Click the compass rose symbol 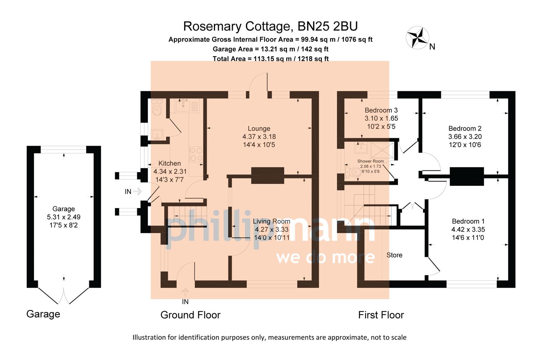click(x=417, y=37)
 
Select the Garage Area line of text click(x=270, y=49)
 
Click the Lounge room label click(x=259, y=129)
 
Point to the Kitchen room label click(x=169, y=163)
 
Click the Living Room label click(x=271, y=221)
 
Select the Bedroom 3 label click(x=381, y=110)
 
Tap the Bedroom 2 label click(x=465, y=129)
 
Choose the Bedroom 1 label click(x=468, y=221)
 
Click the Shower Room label click(x=370, y=161)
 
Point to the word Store click(x=394, y=255)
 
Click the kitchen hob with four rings click(x=196, y=154)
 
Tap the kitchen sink click(x=183, y=106)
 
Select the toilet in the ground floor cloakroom click(x=156, y=107)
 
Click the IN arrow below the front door click(x=185, y=292)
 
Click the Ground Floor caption click(x=190, y=315)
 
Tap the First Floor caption click(x=381, y=315)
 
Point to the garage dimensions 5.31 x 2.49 click(x=63, y=217)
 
